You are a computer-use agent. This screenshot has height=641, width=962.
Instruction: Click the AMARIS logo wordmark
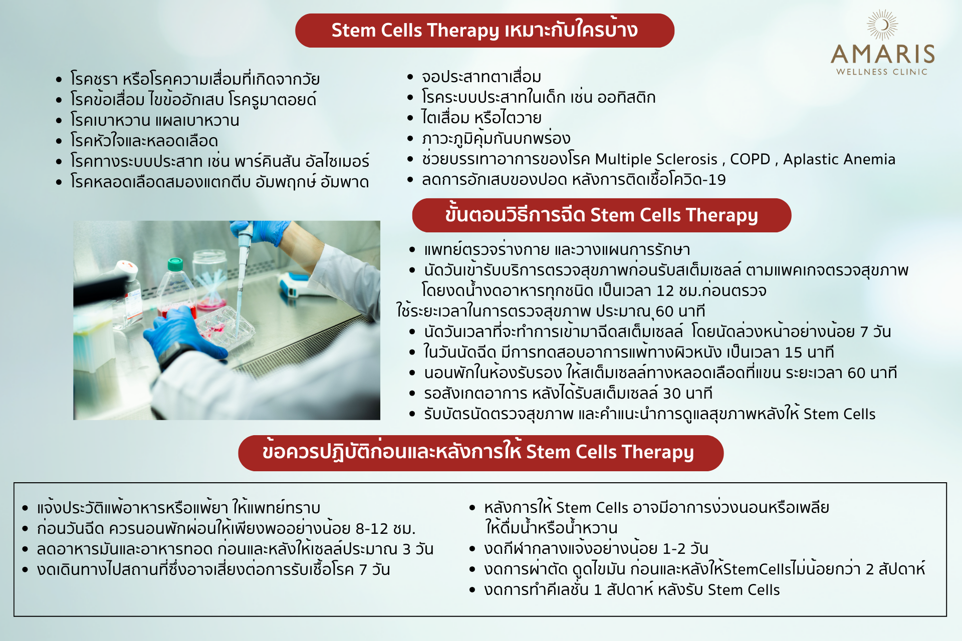click(883, 54)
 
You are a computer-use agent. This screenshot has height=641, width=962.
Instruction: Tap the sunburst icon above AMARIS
click(883, 25)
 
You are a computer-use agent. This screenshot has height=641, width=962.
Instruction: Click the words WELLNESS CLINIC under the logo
click(882, 72)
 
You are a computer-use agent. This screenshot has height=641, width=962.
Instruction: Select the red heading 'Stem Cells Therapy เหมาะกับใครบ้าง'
click(485, 30)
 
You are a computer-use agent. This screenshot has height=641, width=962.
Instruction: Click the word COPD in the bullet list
click(750, 159)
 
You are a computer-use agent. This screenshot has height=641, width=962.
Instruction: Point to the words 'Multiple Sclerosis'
click(656, 159)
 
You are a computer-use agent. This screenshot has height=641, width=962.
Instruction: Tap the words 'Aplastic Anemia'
click(839, 159)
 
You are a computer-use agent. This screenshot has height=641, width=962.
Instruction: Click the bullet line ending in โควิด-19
click(574, 179)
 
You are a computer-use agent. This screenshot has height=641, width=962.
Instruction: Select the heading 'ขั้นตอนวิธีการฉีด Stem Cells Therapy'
click(601, 215)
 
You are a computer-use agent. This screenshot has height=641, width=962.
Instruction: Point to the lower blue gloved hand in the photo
click(183, 333)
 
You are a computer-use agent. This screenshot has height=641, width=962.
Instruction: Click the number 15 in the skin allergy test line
click(794, 352)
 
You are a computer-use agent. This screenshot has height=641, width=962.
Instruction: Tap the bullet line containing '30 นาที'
click(568, 393)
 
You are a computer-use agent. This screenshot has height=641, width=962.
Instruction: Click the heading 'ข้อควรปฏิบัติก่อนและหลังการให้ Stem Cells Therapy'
click(478, 452)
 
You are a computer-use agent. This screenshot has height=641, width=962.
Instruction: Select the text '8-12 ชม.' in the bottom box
click(385, 528)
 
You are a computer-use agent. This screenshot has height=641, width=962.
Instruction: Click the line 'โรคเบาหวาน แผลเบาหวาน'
click(155, 120)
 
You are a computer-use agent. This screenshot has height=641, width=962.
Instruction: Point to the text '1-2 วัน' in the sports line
click(685, 548)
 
